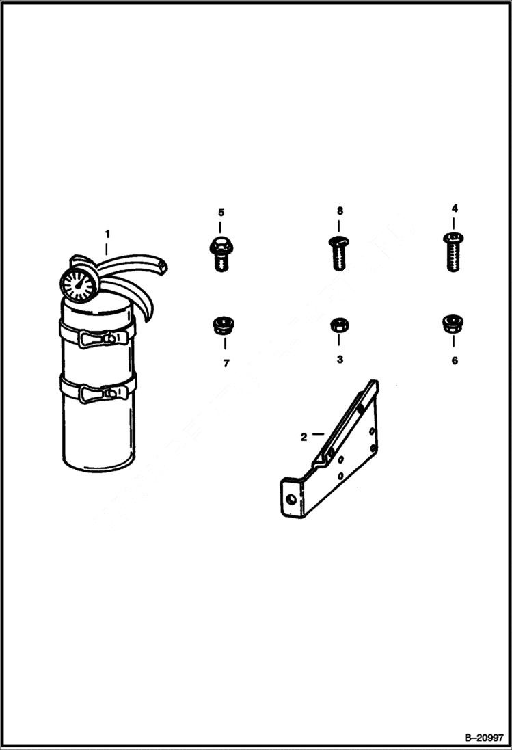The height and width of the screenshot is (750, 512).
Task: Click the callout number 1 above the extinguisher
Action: (x=107, y=234)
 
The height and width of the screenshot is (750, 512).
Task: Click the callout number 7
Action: (x=225, y=363)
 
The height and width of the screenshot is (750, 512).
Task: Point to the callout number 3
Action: (x=339, y=360)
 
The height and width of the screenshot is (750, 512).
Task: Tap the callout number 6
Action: (x=455, y=360)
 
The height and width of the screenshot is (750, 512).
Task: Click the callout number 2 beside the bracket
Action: (x=304, y=436)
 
